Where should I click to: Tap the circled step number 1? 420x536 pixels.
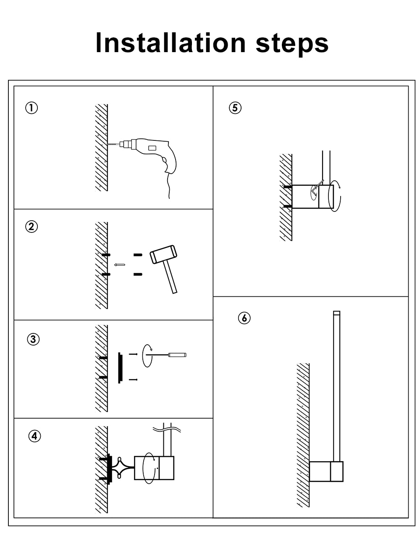click(31, 108)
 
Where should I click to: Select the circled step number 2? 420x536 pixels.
click(31, 227)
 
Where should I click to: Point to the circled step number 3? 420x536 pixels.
click(34, 339)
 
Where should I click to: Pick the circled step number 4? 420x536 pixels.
click(34, 436)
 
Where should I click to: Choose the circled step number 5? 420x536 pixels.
click(235, 108)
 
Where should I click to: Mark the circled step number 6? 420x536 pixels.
click(244, 318)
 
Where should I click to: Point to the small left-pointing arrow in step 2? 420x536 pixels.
click(120, 265)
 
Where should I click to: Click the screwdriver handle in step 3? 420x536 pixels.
click(177, 355)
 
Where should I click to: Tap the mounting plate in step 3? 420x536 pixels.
click(120, 367)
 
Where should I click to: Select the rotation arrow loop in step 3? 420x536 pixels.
click(147, 356)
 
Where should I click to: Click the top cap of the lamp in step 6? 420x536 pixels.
click(336, 313)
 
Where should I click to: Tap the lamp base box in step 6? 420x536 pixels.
click(326, 471)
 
